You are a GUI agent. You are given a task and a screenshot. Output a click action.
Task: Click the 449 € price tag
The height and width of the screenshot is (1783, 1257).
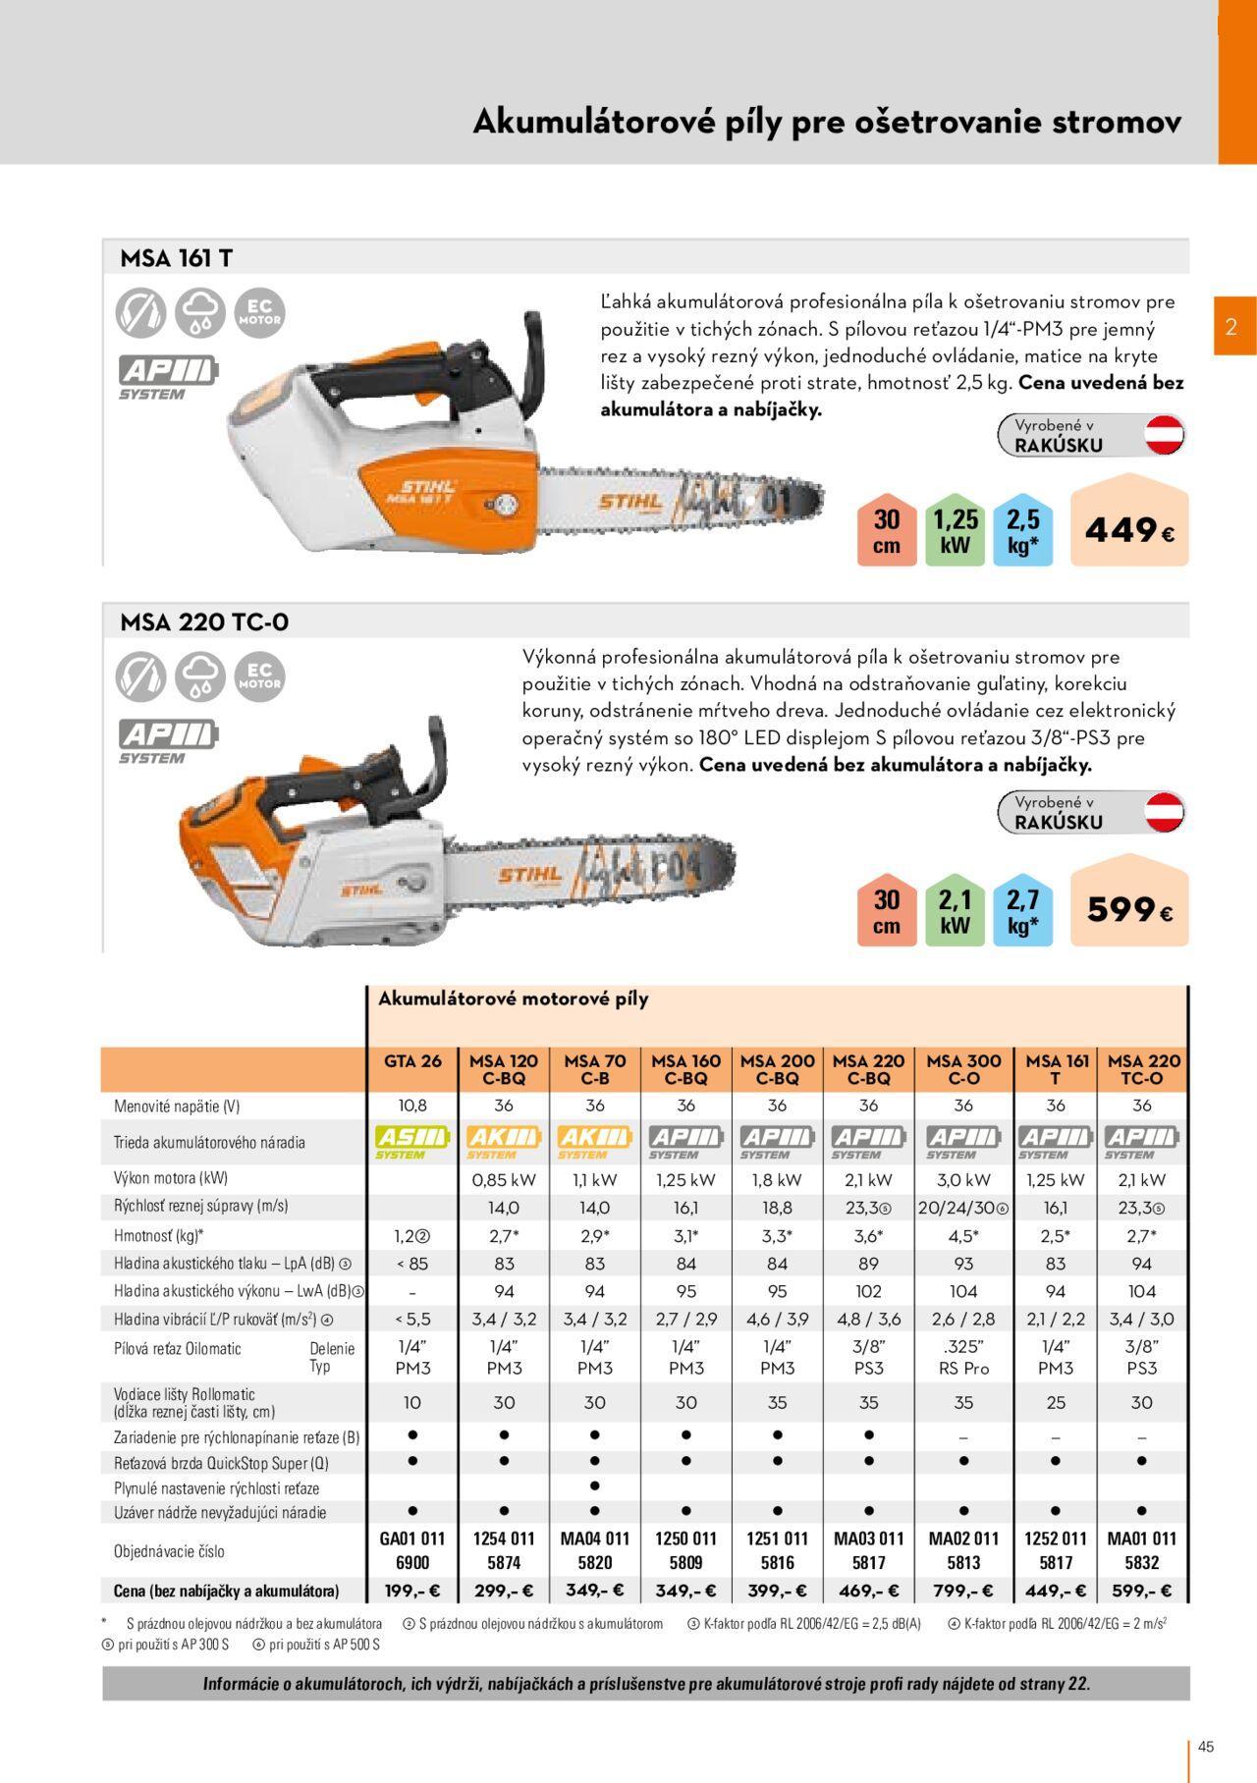click(x=1129, y=520)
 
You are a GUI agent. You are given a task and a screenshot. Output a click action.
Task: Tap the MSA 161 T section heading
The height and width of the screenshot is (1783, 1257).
click(x=177, y=258)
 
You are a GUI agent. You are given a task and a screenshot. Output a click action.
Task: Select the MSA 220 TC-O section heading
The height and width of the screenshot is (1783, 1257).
click(x=204, y=622)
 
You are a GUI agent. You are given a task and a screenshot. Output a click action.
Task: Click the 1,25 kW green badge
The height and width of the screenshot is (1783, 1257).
click(x=955, y=531)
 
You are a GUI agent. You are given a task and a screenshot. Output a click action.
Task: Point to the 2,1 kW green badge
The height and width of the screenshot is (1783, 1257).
click(x=955, y=910)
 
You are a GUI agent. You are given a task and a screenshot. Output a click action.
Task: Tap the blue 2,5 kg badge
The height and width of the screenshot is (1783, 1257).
click(x=1022, y=531)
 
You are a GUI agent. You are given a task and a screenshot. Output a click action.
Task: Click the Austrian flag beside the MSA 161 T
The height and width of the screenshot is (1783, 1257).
click(x=1165, y=435)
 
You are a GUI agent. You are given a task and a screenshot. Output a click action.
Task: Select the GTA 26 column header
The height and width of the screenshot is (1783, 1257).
click(x=412, y=1061)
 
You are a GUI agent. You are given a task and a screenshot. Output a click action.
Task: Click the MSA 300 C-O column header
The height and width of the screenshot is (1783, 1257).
click(x=963, y=1069)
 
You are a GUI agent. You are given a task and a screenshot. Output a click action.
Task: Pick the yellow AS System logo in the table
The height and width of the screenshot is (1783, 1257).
click(x=412, y=1142)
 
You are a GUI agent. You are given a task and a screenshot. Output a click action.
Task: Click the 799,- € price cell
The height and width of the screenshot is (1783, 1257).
click(x=963, y=1591)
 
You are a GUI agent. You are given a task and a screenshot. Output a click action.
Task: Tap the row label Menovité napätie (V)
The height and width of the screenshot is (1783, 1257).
click(x=177, y=1107)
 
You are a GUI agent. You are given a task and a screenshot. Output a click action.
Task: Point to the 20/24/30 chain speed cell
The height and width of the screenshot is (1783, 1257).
click(x=963, y=1209)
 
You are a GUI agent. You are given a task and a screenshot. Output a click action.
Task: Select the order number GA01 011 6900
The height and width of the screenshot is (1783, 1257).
click(x=412, y=1550)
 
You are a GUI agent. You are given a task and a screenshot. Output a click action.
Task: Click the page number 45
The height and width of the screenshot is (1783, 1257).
click(x=1206, y=1747)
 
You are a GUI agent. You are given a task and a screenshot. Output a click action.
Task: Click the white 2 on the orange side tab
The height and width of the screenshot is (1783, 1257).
click(x=1231, y=327)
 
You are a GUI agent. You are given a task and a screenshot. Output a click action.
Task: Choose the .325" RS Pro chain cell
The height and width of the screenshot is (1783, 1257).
click(x=963, y=1357)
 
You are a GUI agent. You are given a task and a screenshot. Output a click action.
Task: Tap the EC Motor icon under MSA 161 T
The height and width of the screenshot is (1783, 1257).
click(x=259, y=313)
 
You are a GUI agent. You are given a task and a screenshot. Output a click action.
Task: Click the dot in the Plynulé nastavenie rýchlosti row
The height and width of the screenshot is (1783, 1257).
click(x=595, y=1486)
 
